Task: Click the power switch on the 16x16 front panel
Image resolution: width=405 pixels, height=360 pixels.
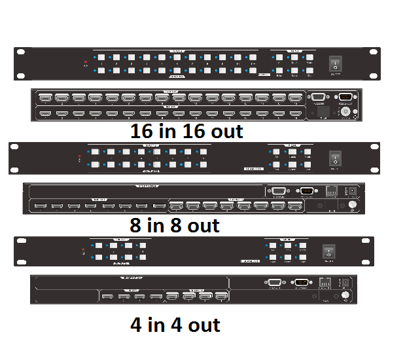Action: (x=336, y=63)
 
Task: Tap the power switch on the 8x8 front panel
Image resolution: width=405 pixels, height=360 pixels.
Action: (x=336, y=157)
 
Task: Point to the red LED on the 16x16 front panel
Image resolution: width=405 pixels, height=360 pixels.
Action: (x=85, y=63)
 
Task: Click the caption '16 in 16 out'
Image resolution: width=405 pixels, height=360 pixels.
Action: (x=186, y=131)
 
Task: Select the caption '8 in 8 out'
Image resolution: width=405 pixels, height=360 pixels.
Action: (x=175, y=226)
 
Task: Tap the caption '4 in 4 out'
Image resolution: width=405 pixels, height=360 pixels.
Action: (x=175, y=324)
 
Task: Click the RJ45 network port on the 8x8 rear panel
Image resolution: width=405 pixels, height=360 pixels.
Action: (x=331, y=190)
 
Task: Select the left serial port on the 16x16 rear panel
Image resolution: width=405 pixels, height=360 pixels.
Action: (x=319, y=97)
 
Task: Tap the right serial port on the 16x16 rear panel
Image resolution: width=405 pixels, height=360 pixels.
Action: (x=345, y=97)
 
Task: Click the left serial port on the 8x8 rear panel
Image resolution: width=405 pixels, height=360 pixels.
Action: (x=277, y=190)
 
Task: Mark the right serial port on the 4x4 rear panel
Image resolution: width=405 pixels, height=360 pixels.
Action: (x=301, y=283)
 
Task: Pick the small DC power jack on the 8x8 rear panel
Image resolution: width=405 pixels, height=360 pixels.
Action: (x=354, y=190)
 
